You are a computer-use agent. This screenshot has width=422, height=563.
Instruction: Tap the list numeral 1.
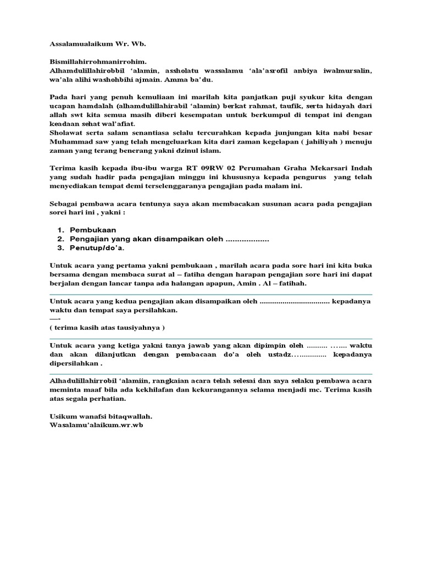(x=60, y=229)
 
